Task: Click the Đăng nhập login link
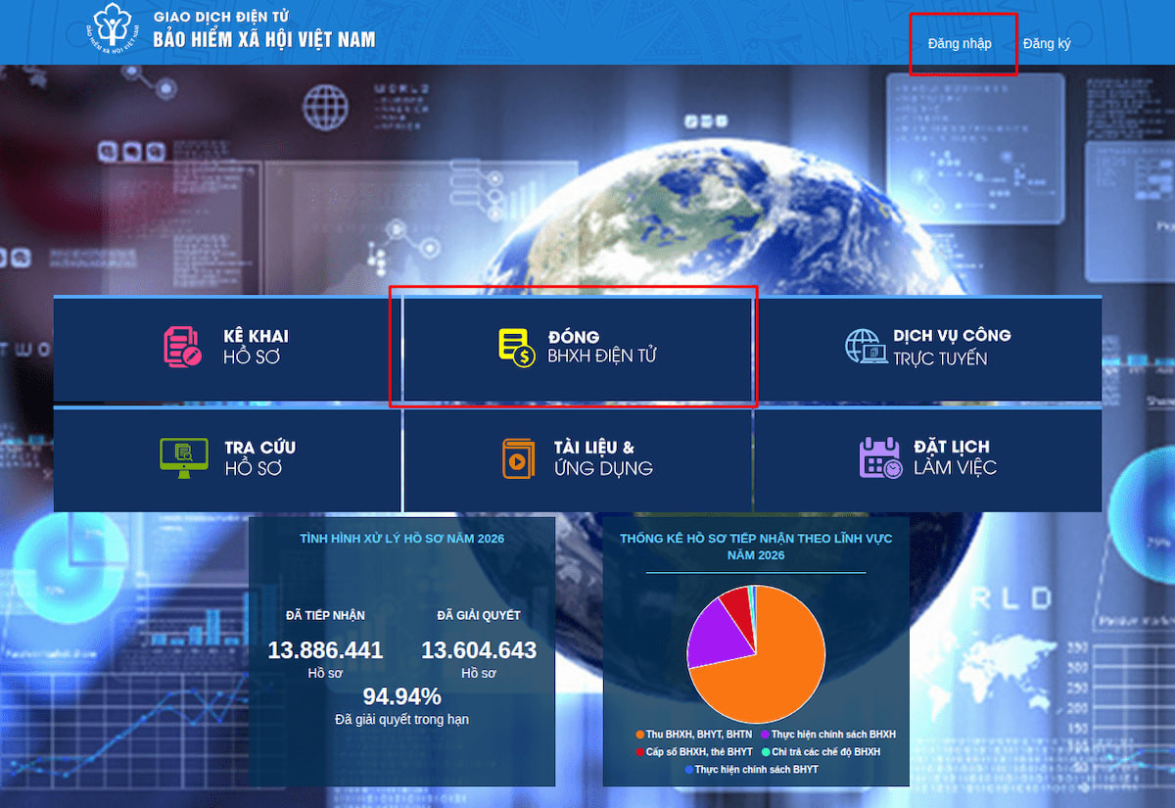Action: pos(960,43)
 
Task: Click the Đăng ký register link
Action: pos(1047,43)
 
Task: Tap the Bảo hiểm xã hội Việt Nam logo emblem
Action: pos(113,27)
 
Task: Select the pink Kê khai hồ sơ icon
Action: pos(182,347)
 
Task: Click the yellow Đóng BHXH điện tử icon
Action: pos(517,348)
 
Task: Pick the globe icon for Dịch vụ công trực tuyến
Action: pos(866,347)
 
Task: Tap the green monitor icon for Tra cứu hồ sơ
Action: pos(184,458)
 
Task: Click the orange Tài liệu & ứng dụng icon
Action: pos(518,458)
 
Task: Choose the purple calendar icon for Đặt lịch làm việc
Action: pos(880,457)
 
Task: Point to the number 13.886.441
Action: pos(325,650)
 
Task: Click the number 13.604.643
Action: pos(479,650)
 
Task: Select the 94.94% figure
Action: pos(401,696)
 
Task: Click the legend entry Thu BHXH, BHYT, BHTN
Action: pos(694,734)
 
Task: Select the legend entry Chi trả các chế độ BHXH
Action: pos(821,752)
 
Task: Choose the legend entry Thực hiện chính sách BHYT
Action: pos(752,770)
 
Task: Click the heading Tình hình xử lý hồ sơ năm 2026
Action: pos(401,539)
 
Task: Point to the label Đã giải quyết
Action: pos(479,615)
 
